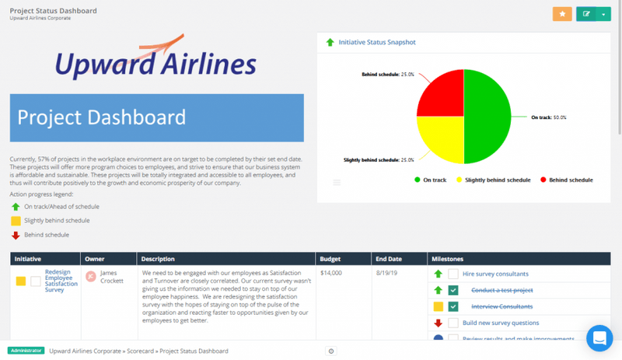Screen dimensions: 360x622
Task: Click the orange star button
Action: tap(562, 14)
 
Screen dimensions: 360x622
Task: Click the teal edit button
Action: tap(585, 14)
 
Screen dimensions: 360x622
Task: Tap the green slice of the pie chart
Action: tap(487, 117)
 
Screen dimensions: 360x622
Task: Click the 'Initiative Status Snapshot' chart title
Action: tap(376, 42)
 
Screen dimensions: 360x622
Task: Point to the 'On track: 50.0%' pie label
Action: tap(548, 117)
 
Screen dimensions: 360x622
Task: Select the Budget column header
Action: tap(330, 259)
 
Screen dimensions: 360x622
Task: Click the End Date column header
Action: tap(388, 259)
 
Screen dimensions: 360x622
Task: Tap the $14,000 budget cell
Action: tap(331, 274)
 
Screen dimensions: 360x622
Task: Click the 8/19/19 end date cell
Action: tap(386, 274)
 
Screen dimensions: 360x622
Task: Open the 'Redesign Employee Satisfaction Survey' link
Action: tap(61, 281)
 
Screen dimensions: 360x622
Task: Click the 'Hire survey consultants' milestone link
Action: tap(494, 274)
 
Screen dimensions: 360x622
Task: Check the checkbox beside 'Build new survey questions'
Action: tap(453, 323)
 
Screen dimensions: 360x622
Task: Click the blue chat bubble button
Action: tap(599, 337)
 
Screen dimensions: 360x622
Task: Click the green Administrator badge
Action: tap(26, 351)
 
